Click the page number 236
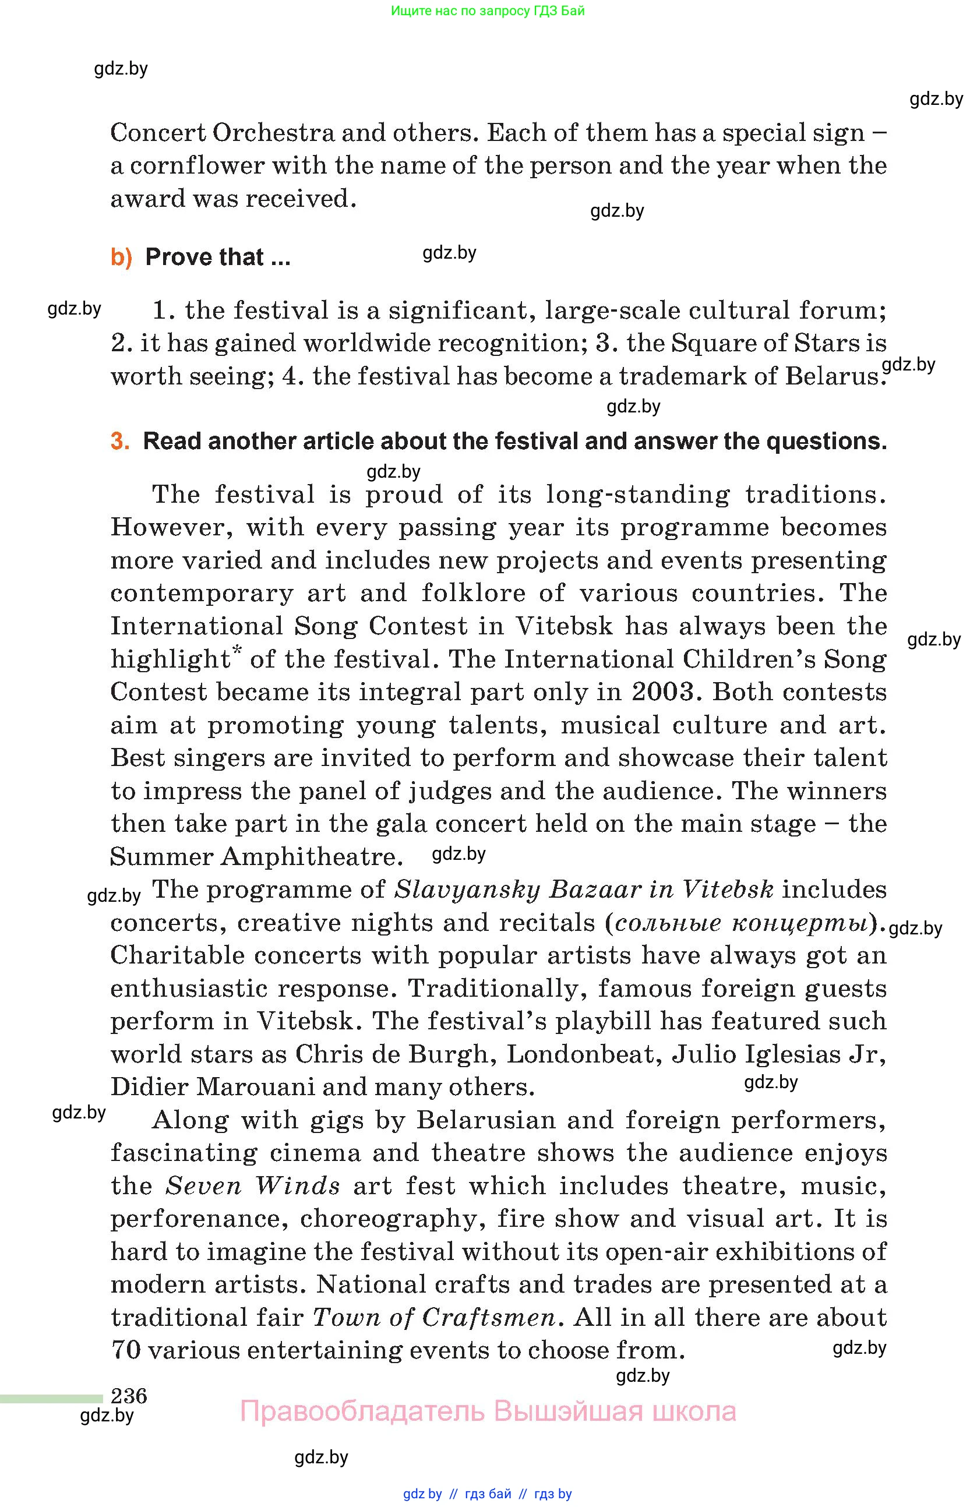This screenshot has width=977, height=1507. coord(129,1395)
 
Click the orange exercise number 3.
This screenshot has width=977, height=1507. coord(119,442)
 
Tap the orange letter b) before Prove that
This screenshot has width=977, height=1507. coord(121,257)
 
